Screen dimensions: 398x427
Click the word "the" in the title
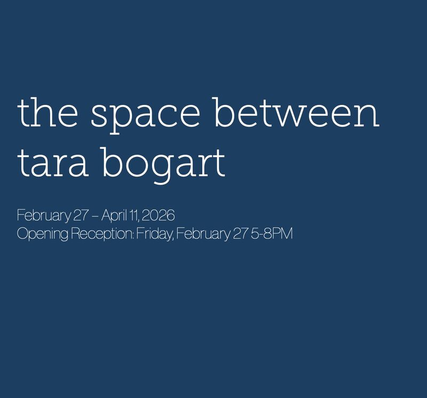(x=47, y=113)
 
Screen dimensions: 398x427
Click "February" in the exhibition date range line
(x=44, y=216)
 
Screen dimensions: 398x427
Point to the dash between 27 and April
(x=97, y=216)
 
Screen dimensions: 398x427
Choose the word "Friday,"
(x=156, y=234)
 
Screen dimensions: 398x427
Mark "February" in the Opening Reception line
(x=203, y=234)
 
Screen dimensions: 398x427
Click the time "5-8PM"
(x=274, y=234)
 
